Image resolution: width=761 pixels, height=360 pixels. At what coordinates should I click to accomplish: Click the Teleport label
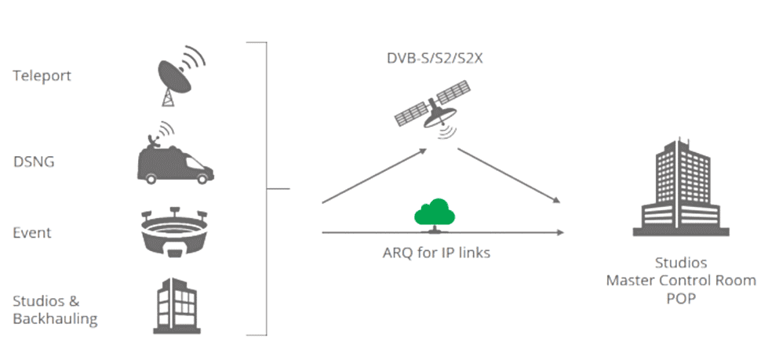pyautogui.click(x=42, y=76)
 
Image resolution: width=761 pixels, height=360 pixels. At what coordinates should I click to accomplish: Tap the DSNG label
pyautogui.click(x=33, y=162)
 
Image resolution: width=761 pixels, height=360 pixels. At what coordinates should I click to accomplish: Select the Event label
pyautogui.click(x=32, y=232)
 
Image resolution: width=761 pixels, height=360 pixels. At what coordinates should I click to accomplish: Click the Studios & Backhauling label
pyautogui.click(x=55, y=310)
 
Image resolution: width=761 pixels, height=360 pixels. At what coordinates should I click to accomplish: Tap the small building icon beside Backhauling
pyautogui.click(x=174, y=306)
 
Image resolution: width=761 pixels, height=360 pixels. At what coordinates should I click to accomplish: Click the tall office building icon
pyautogui.click(x=676, y=187)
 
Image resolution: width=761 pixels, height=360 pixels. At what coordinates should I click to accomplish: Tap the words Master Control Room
pyautogui.click(x=681, y=280)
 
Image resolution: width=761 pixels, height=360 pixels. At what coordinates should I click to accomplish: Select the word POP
pyautogui.click(x=681, y=298)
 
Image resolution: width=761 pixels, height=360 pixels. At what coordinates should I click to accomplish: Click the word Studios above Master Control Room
pyautogui.click(x=681, y=263)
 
